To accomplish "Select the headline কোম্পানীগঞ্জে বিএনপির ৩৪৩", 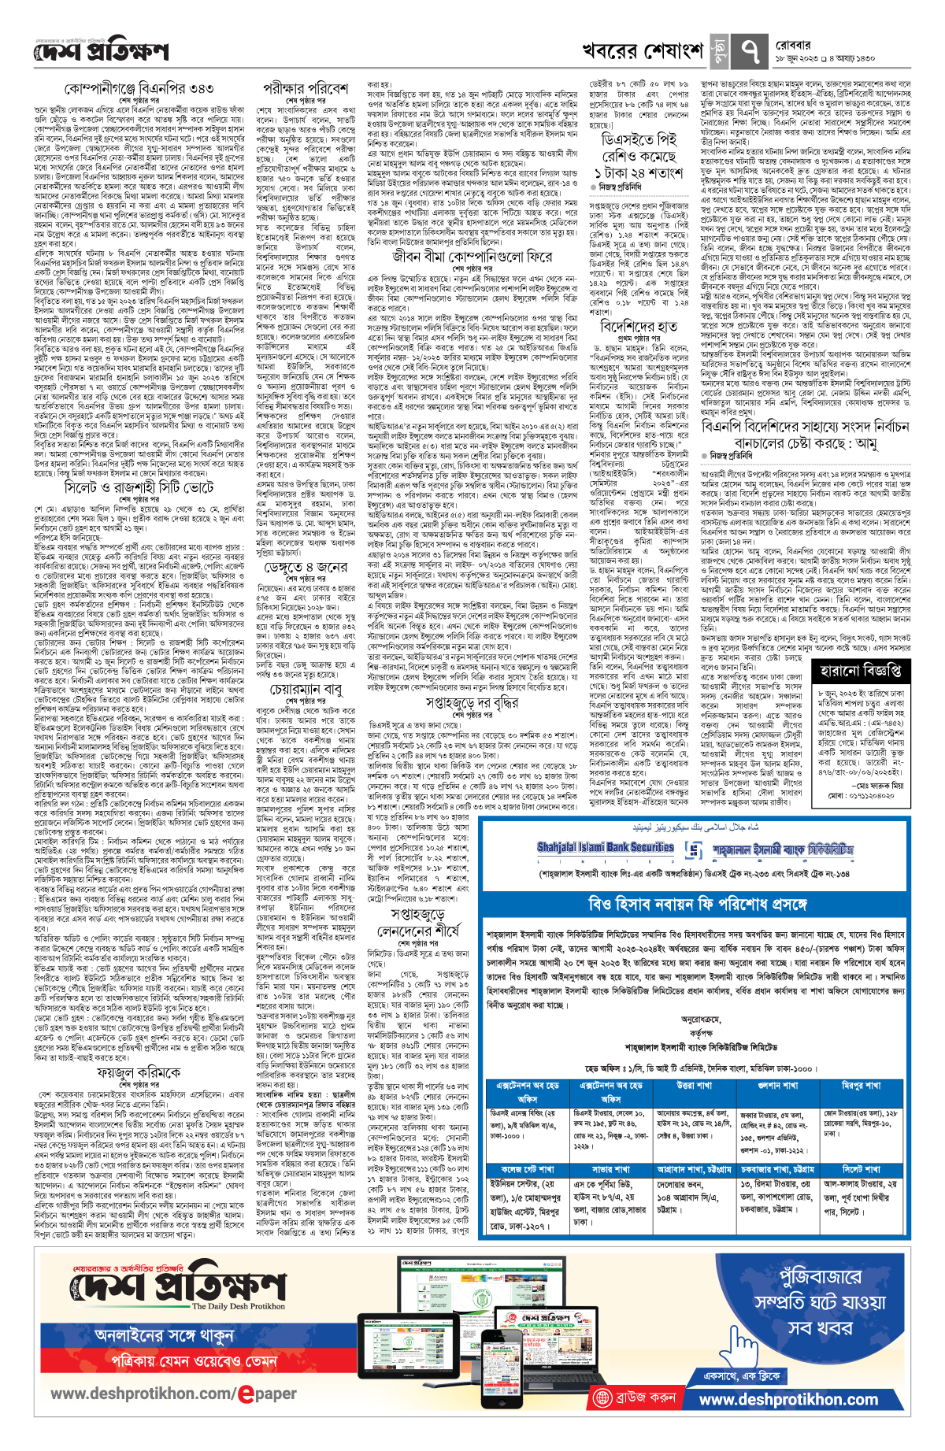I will click(x=140, y=90).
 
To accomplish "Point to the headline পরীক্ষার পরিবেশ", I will click(x=306, y=88).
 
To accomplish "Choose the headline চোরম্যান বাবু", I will click(x=306, y=689).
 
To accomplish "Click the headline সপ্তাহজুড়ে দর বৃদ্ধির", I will click(x=472, y=701).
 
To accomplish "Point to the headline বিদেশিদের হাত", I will click(x=638, y=325).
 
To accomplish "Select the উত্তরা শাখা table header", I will click(x=694, y=1085).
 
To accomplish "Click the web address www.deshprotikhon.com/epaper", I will click(x=173, y=1393).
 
